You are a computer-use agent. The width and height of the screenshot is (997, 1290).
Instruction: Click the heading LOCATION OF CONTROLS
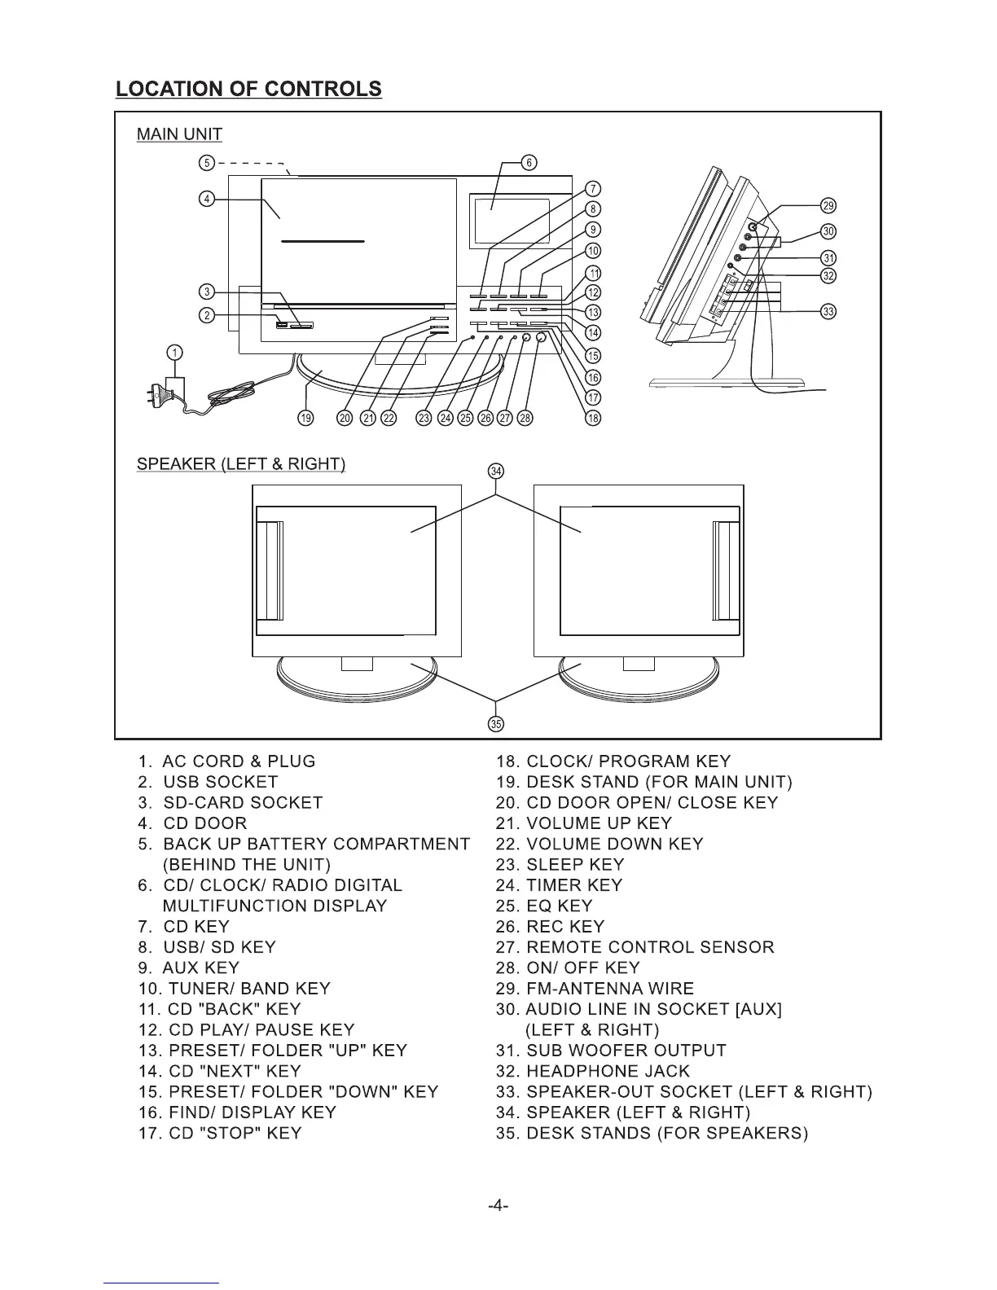coord(248,89)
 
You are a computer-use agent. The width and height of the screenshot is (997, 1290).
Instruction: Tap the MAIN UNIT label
coord(179,134)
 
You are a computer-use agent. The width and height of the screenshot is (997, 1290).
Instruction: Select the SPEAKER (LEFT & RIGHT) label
coord(241,464)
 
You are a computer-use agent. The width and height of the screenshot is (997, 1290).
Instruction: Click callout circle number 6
coord(529,162)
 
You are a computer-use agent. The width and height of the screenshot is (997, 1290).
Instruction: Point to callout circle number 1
coord(174,353)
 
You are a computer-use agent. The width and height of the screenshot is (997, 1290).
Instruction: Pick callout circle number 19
coord(305,418)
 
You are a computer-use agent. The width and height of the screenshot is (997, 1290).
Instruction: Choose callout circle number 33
coord(828,312)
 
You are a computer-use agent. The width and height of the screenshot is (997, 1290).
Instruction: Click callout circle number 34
coord(496,471)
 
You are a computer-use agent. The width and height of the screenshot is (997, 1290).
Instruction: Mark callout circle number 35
coord(495,723)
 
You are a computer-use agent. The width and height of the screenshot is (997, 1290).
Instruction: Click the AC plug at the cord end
coord(156,397)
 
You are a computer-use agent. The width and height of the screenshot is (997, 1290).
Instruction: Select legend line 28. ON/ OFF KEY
coord(568,968)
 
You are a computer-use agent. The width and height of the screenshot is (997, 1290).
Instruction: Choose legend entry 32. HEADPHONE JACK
coord(593,1071)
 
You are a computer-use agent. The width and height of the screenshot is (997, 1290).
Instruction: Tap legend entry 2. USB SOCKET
coord(209,782)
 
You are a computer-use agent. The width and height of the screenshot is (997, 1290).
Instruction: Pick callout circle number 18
coord(594,418)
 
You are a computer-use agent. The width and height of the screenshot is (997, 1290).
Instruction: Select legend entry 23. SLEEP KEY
coord(560,865)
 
